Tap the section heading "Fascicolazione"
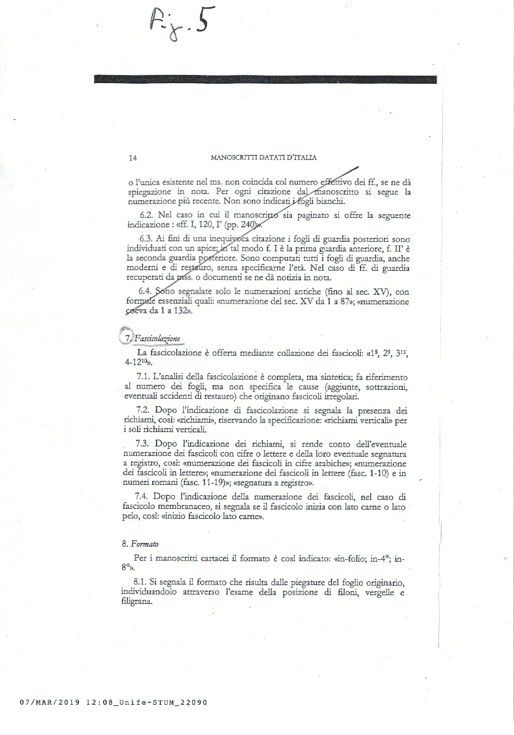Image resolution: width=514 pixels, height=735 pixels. pyautogui.click(x=156, y=338)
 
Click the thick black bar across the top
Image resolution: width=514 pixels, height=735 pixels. pyautogui.click(x=265, y=79)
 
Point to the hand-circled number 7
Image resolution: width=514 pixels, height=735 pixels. pyautogui.click(x=124, y=337)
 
